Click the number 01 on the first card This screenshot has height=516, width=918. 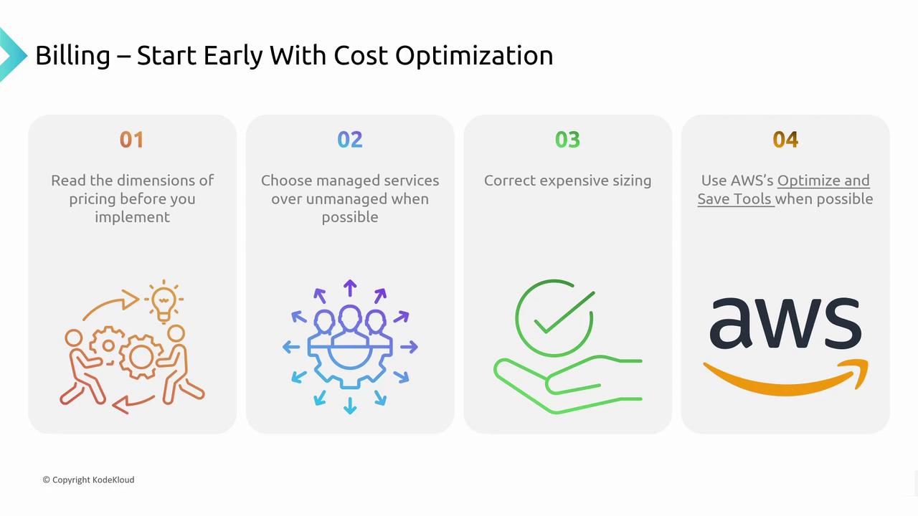tap(131, 140)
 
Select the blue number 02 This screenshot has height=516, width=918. tap(350, 140)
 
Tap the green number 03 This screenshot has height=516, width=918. tap(567, 140)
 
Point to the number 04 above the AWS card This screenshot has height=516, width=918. tap(785, 140)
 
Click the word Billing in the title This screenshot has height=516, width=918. tap(72, 56)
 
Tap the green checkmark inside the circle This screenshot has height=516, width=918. tap(564, 312)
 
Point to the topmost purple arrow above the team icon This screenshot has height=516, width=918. tap(350, 288)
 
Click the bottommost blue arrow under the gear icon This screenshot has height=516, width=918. tap(350, 406)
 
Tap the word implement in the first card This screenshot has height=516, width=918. tap(132, 217)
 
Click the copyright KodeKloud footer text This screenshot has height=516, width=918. tap(88, 479)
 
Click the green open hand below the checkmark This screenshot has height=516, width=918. tap(567, 384)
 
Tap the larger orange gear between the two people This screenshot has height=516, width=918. tap(141, 357)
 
